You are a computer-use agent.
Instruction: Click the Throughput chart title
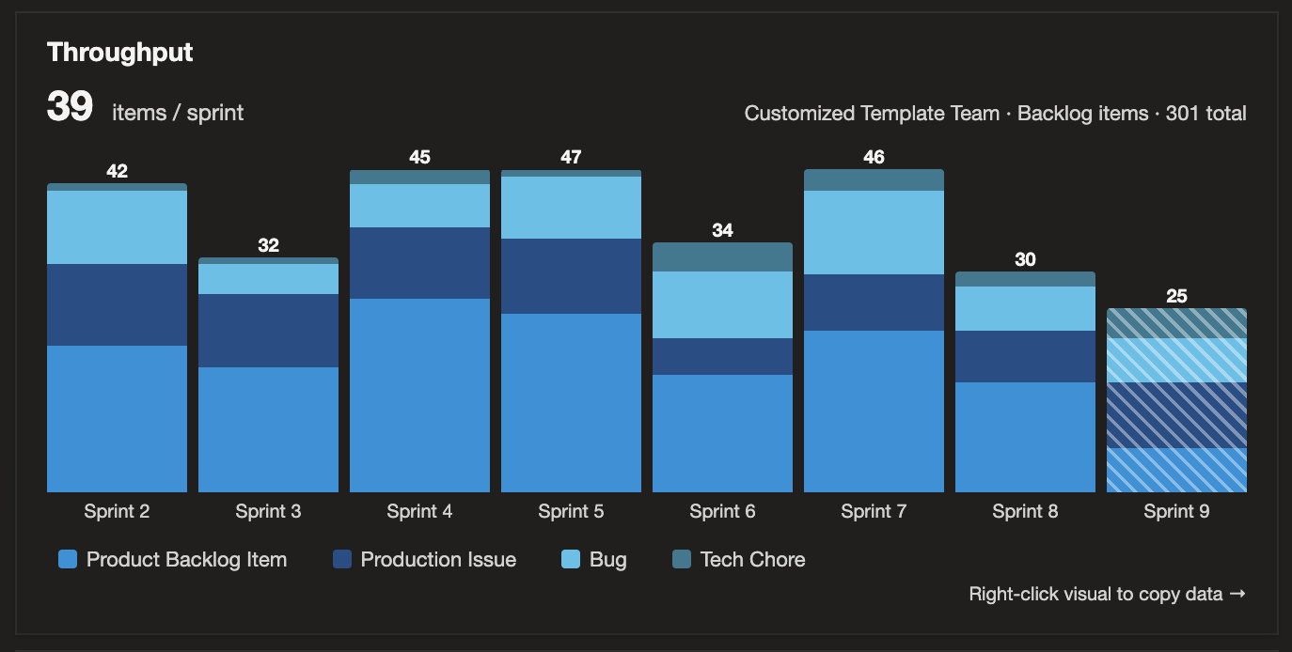point(120,53)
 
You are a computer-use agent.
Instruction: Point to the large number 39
point(70,108)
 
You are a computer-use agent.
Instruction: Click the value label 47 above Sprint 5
point(571,157)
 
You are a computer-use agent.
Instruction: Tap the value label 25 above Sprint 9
point(1176,296)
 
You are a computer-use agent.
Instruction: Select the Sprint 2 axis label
point(117,511)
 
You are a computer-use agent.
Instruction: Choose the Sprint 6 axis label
point(722,511)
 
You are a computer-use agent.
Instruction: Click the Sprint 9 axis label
point(1176,511)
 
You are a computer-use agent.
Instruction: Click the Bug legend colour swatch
point(571,560)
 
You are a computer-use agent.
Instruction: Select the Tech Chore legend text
point(752,560)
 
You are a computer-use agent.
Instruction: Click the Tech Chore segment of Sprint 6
point(722,257)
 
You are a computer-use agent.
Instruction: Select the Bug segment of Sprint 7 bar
point(874,232)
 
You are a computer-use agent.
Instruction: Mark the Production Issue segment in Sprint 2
point(117,304)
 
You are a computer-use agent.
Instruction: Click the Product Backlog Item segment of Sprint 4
point(419,395)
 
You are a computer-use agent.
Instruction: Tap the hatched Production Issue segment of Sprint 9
point(1176,414)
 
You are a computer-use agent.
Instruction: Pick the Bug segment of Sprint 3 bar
point(268,279)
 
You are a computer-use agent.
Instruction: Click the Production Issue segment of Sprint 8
point(1025,356)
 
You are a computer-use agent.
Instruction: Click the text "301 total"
point(1205,114)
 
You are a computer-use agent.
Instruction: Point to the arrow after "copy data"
point(1237,594)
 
